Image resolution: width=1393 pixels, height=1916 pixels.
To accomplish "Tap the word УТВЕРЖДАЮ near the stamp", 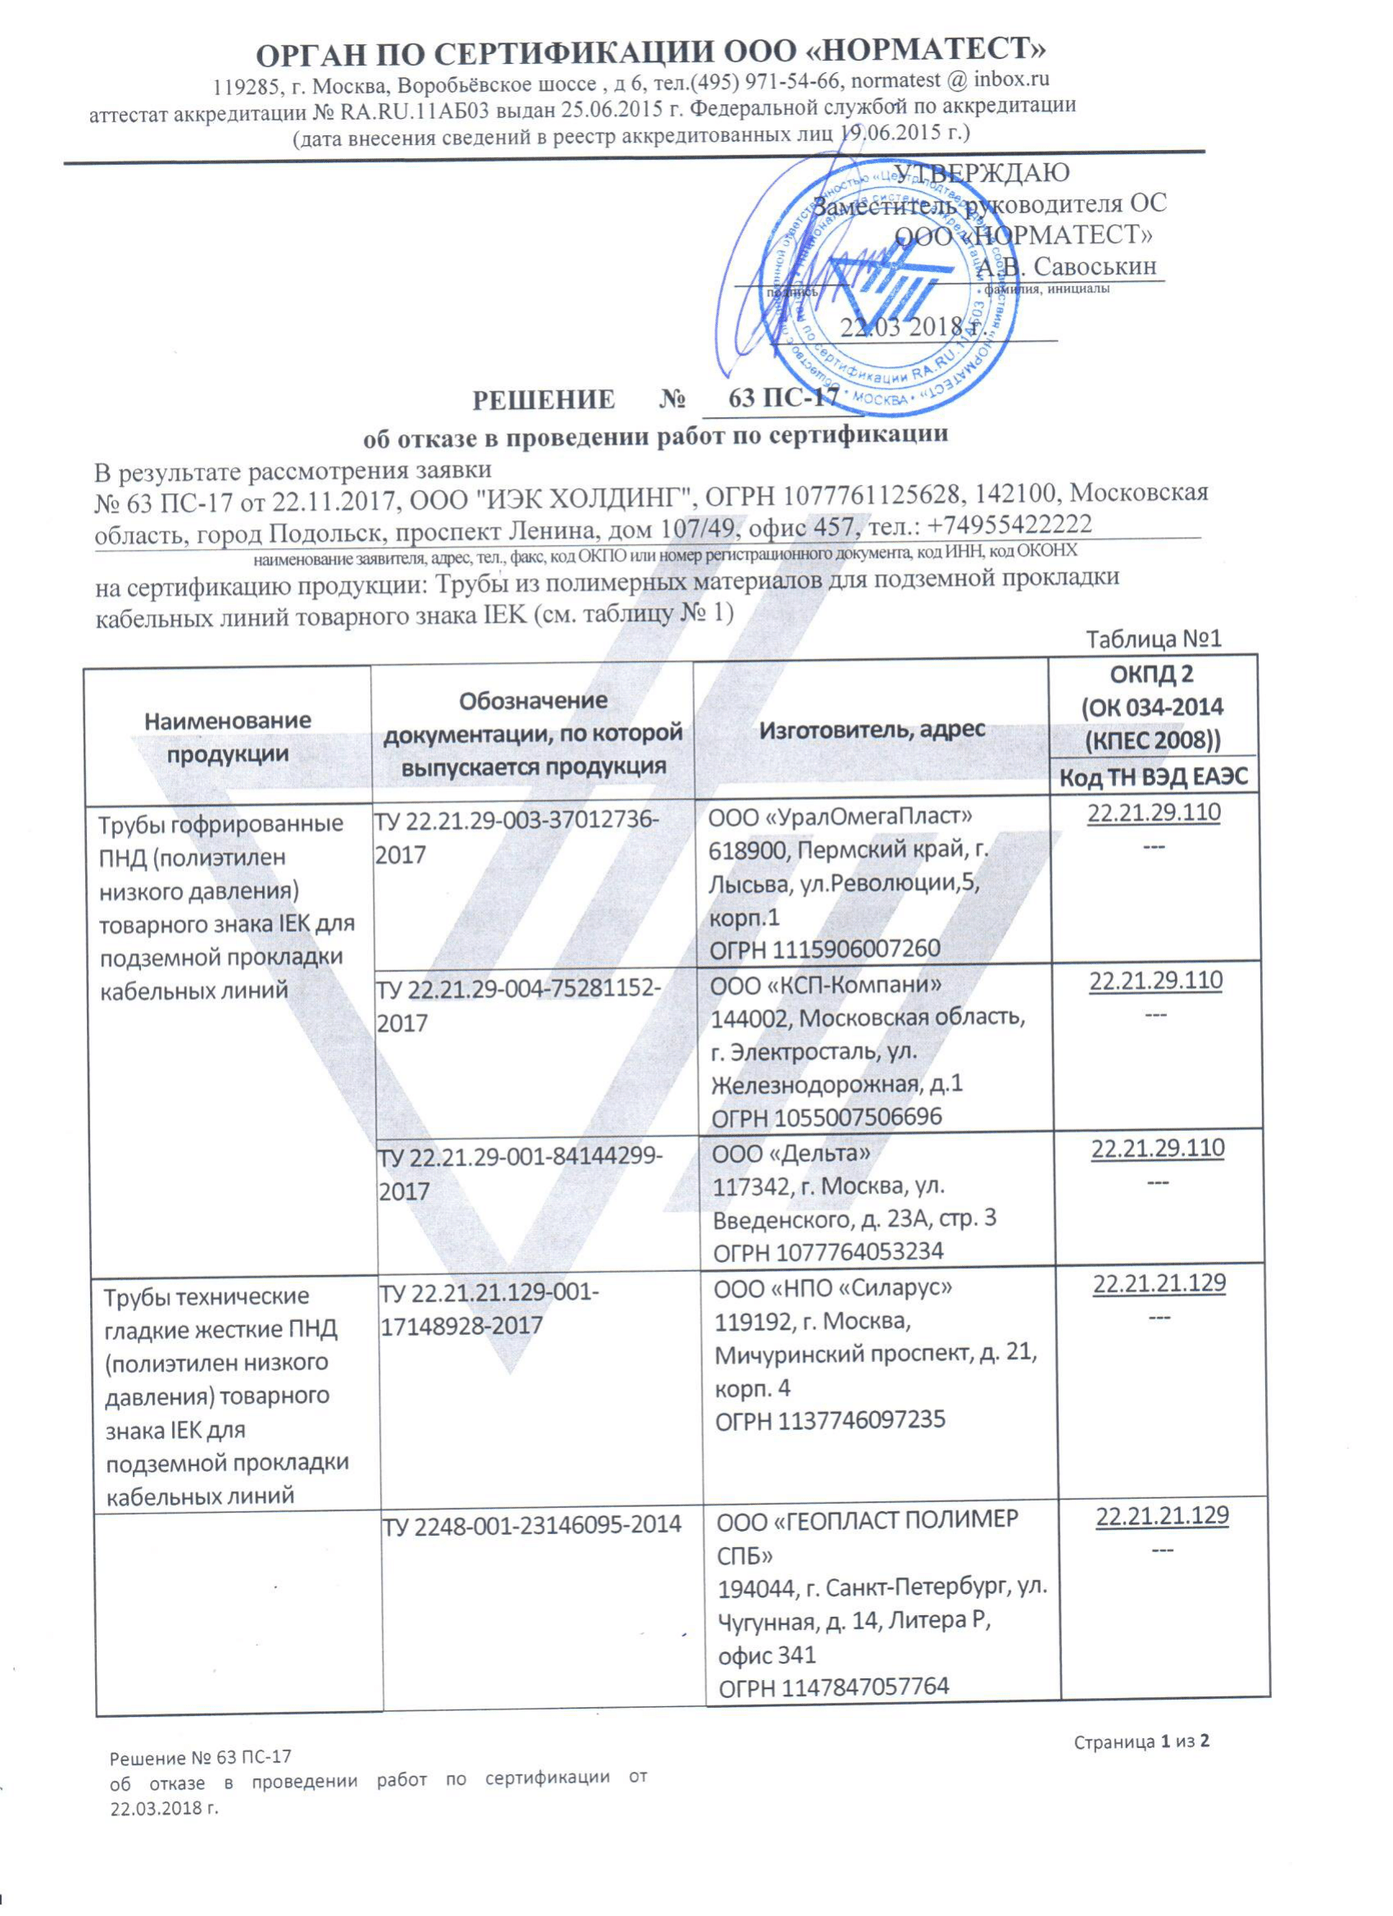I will [x=982, y=172].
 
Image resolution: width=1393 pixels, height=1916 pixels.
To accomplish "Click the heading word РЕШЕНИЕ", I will [x=543, y=400].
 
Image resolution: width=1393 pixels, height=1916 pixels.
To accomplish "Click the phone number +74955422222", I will [x=1010, y=524].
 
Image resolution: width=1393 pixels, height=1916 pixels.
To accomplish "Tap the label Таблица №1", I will [x=1153, y=638].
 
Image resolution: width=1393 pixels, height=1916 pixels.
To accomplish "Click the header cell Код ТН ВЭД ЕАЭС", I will [x=1154, y=777].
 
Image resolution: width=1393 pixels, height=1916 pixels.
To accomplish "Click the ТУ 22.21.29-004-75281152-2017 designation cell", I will [x=518, y=1005].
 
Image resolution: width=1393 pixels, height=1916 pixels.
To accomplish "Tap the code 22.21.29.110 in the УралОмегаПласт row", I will [x=1153, y=813].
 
